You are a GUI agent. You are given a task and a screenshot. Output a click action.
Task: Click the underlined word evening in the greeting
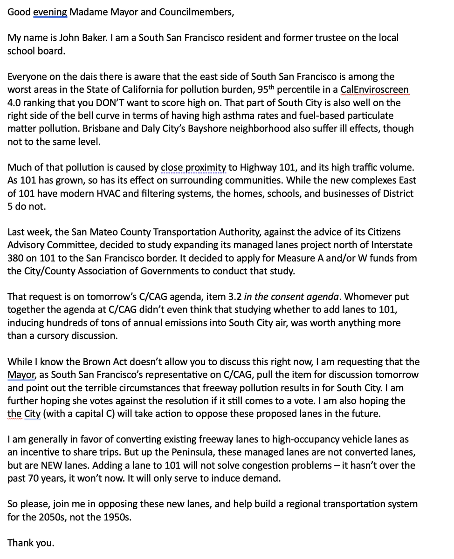click(x=50, y=12)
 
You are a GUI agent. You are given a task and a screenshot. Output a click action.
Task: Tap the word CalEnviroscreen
click(x=375, y=89)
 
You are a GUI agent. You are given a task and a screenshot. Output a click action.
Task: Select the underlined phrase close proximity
click(x=193, y=167)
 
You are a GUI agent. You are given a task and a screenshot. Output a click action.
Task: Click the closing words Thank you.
click(x=30, y=543)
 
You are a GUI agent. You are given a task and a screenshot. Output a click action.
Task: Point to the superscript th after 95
click(x=269, y=86)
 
